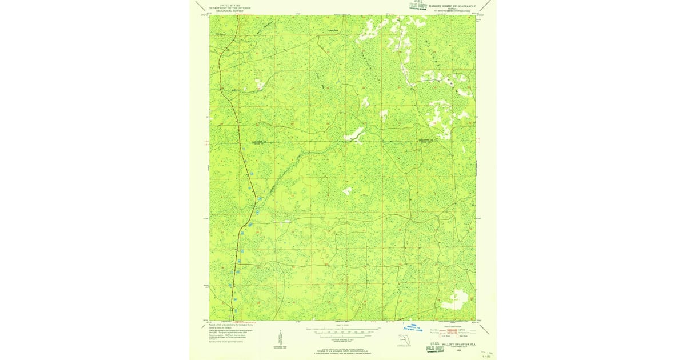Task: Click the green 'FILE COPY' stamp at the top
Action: (x=417, y=5)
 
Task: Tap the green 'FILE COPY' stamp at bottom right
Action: (x=437, y=346)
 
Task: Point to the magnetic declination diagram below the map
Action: (x=270, y=339)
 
